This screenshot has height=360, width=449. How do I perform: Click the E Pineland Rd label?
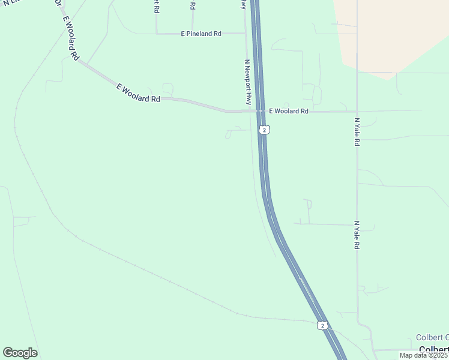tap(201, 34)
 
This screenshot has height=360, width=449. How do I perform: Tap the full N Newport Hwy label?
tap(247, 82)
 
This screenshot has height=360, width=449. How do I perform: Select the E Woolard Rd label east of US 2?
tap(288, 111)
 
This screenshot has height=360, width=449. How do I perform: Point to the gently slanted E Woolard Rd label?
tap(138, 94)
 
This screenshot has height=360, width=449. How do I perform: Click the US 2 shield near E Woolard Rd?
tap(264, 130)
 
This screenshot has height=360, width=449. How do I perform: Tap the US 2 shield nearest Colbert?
tap(322, 325)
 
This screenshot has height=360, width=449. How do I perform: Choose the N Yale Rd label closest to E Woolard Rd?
tap(357, 132)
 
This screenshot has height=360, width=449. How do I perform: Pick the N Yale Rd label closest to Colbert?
tap(357, 235)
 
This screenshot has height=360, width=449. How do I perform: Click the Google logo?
tap(20, 353)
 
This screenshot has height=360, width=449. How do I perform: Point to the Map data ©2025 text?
tap(424, 355)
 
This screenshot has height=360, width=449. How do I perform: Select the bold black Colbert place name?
tap(433, 350)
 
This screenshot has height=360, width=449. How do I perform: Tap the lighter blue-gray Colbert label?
tap(432, 337)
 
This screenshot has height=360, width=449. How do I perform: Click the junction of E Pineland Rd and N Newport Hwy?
tap(246, 34)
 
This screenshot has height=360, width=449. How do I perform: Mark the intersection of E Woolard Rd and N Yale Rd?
tap(357, 111)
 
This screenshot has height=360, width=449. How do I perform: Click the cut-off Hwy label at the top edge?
tap(243, 4)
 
